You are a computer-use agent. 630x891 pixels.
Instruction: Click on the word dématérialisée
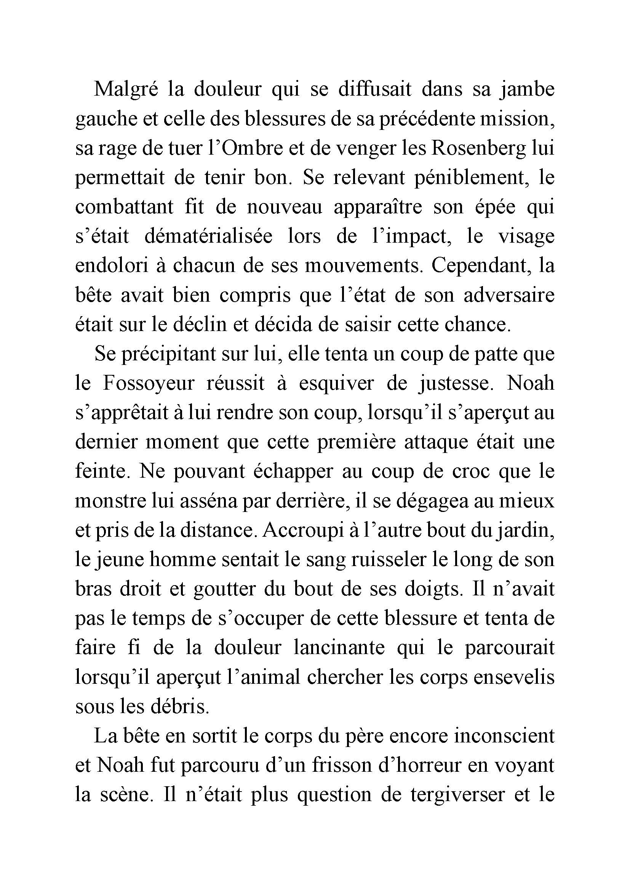coord(209,236)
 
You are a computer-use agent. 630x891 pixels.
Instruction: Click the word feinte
coord(101,472)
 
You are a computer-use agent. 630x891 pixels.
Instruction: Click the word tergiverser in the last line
coord(450,795)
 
